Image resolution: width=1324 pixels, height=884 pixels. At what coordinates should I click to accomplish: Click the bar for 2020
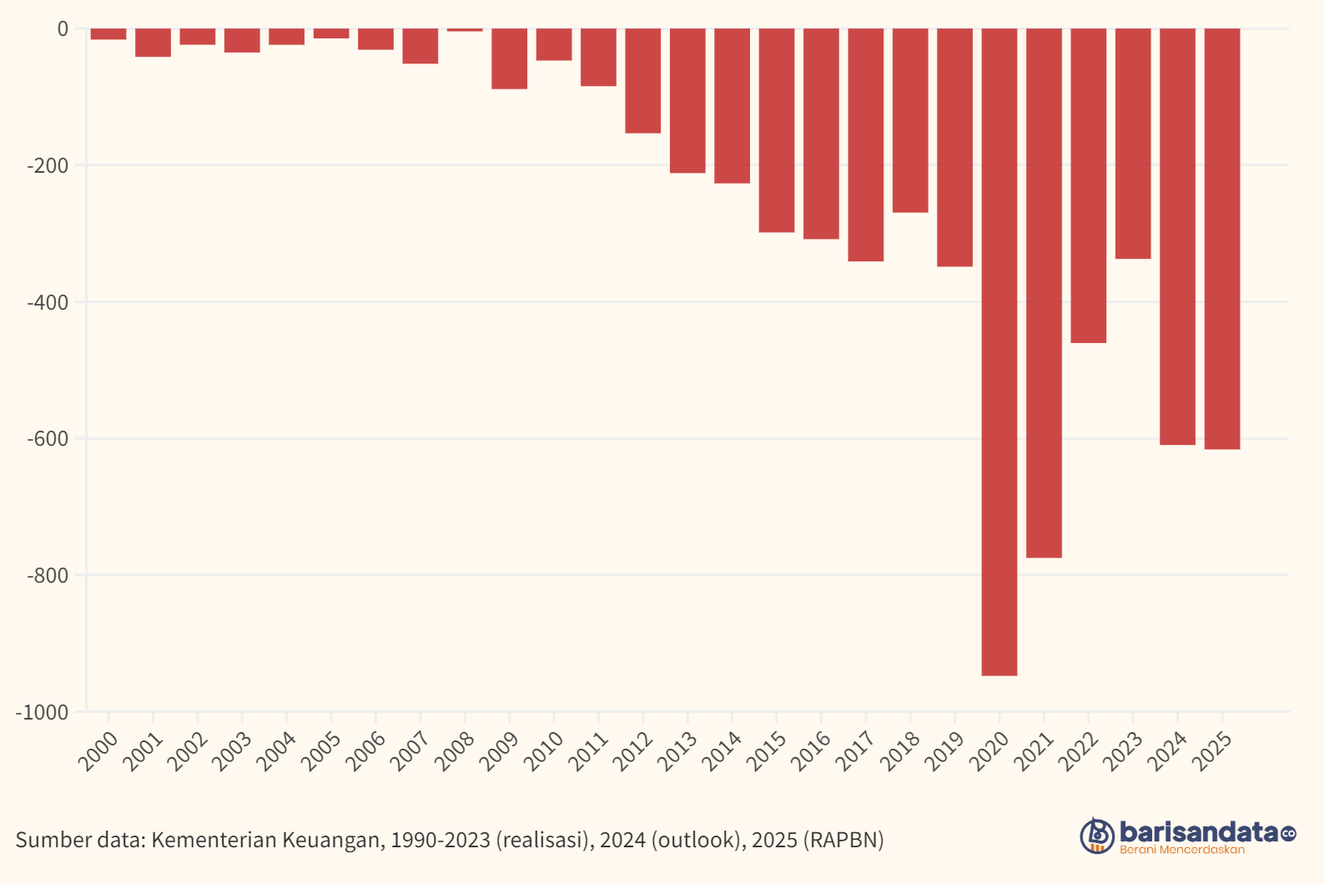click(999, 351)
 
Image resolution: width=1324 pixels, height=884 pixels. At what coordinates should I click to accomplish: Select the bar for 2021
click(1044, 292)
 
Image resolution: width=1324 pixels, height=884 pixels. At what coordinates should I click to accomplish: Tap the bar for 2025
click(1221, 238)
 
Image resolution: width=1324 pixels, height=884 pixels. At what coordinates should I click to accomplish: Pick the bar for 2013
click(687, 100)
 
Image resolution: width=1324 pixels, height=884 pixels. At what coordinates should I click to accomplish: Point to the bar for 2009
click(509, 58)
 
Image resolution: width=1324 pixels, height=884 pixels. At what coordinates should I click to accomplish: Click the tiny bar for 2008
click(465, 30)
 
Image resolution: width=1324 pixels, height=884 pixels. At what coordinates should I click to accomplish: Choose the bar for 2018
click(910, 120)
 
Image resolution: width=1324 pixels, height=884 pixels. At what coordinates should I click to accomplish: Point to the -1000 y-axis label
click(42, 712)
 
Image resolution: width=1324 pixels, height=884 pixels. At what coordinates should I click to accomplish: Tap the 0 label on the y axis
click(63, 29)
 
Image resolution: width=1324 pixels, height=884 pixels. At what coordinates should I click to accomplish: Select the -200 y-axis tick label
click(48, 166)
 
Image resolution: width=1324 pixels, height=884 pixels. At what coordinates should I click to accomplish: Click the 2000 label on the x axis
click(98, 750)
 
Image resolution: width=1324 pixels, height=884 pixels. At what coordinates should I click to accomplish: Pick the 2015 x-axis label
click(767, 750)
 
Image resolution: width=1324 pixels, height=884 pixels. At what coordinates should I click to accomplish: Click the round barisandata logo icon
click(1097, 836)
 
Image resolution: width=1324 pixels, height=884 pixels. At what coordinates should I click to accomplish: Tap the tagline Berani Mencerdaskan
click(1181, 850)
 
